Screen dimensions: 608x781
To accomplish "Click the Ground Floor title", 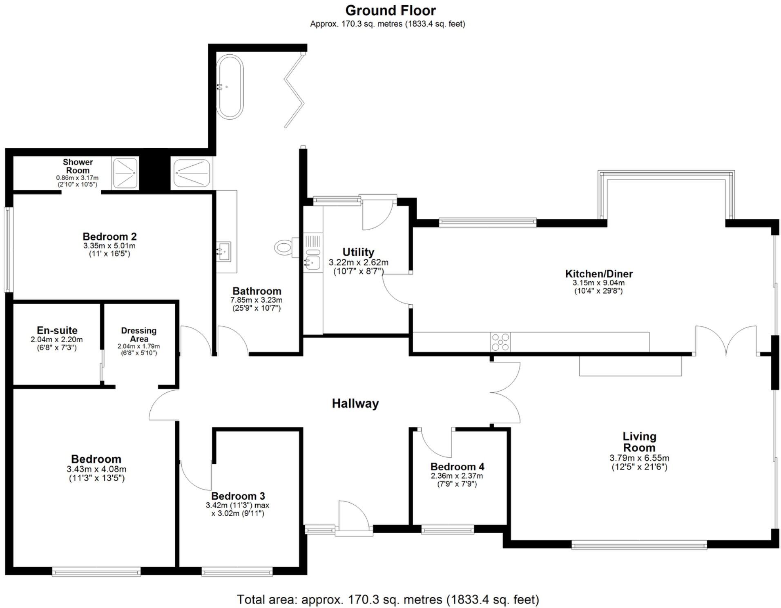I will (390, 10).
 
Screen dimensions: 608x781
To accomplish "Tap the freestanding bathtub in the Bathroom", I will (230, 87).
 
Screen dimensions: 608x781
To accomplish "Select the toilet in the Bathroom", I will (284, 247).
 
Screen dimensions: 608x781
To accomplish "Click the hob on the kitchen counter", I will (500, 342).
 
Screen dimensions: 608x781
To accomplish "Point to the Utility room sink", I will (312, 261).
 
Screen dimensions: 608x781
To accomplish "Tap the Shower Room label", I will (78, 166).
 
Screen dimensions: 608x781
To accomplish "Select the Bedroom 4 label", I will (457, 466).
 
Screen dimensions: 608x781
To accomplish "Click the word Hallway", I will (355, 403).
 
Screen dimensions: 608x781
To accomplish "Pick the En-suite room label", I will (57, 330).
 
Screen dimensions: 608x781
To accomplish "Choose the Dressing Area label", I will (139, 334).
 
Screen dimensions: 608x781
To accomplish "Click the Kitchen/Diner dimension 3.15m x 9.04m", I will (598, 283).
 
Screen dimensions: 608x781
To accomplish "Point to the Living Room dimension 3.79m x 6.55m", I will (639, 458).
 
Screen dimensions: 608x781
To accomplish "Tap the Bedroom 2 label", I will (109, 236).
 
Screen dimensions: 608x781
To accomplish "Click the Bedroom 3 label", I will (238, 496).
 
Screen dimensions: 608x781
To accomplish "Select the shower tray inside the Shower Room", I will (125, 173).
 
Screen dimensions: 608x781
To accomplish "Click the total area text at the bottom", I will (388, 599).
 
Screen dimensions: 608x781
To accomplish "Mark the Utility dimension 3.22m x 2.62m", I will (358, 262).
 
